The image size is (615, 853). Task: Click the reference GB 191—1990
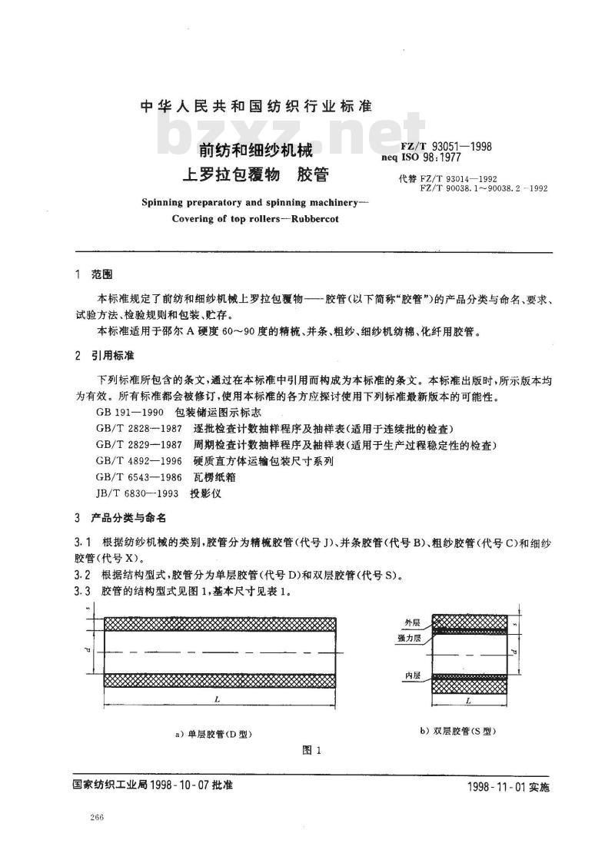click(125, 414)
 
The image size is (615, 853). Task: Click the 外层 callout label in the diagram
click(412, 622)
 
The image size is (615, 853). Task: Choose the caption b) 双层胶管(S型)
click(459, 731)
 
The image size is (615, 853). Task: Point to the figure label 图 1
click(312, 752)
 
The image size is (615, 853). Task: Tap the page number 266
click(97, 816)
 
